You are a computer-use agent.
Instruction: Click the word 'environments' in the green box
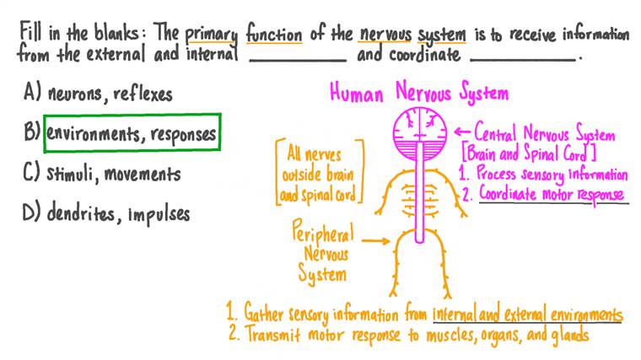(95, 134)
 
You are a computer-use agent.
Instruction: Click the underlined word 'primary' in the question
(211, 35)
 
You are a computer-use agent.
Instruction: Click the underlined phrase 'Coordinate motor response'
(552, 193)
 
